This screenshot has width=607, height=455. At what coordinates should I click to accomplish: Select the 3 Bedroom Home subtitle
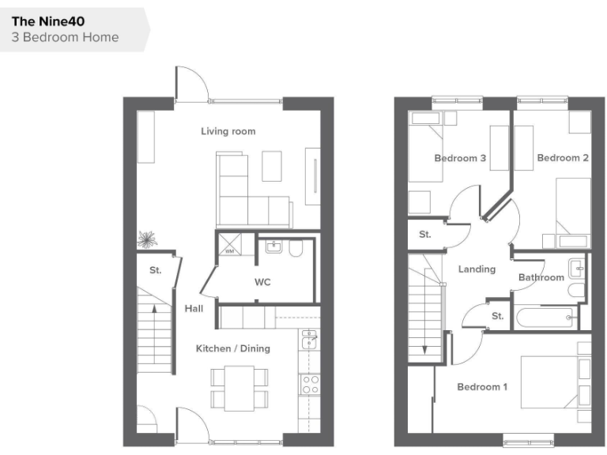(66, 37)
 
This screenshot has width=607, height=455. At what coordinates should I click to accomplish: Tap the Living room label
(228, 131)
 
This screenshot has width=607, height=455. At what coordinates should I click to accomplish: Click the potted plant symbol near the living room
(147, 238)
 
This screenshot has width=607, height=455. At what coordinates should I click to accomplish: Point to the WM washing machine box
(230, 251)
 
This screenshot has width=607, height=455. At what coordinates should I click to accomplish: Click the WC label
(262, 282)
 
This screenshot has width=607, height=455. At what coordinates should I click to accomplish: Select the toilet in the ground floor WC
(296, 250)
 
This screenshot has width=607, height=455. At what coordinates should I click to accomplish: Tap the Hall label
(194, 309)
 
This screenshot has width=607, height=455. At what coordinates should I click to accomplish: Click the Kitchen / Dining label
(233, 348)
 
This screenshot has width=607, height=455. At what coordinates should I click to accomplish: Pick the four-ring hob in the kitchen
(310, 385)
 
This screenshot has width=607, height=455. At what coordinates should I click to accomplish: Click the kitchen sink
(310, 340)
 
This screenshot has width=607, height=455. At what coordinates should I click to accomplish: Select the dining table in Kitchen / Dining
(239, 387)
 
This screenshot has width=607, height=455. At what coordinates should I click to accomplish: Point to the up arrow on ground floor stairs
(153, 310)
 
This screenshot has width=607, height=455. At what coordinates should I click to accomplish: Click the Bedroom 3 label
(460, 159)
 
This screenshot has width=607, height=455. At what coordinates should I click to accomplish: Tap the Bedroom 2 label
(563, 158)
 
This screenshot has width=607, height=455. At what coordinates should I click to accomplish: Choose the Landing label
(477, 269)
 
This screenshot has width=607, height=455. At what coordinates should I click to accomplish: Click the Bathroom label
(541, 277)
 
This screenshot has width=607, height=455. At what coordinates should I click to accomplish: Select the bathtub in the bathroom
(546, 318)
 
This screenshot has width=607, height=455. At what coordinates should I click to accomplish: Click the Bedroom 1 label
(482, 387)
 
